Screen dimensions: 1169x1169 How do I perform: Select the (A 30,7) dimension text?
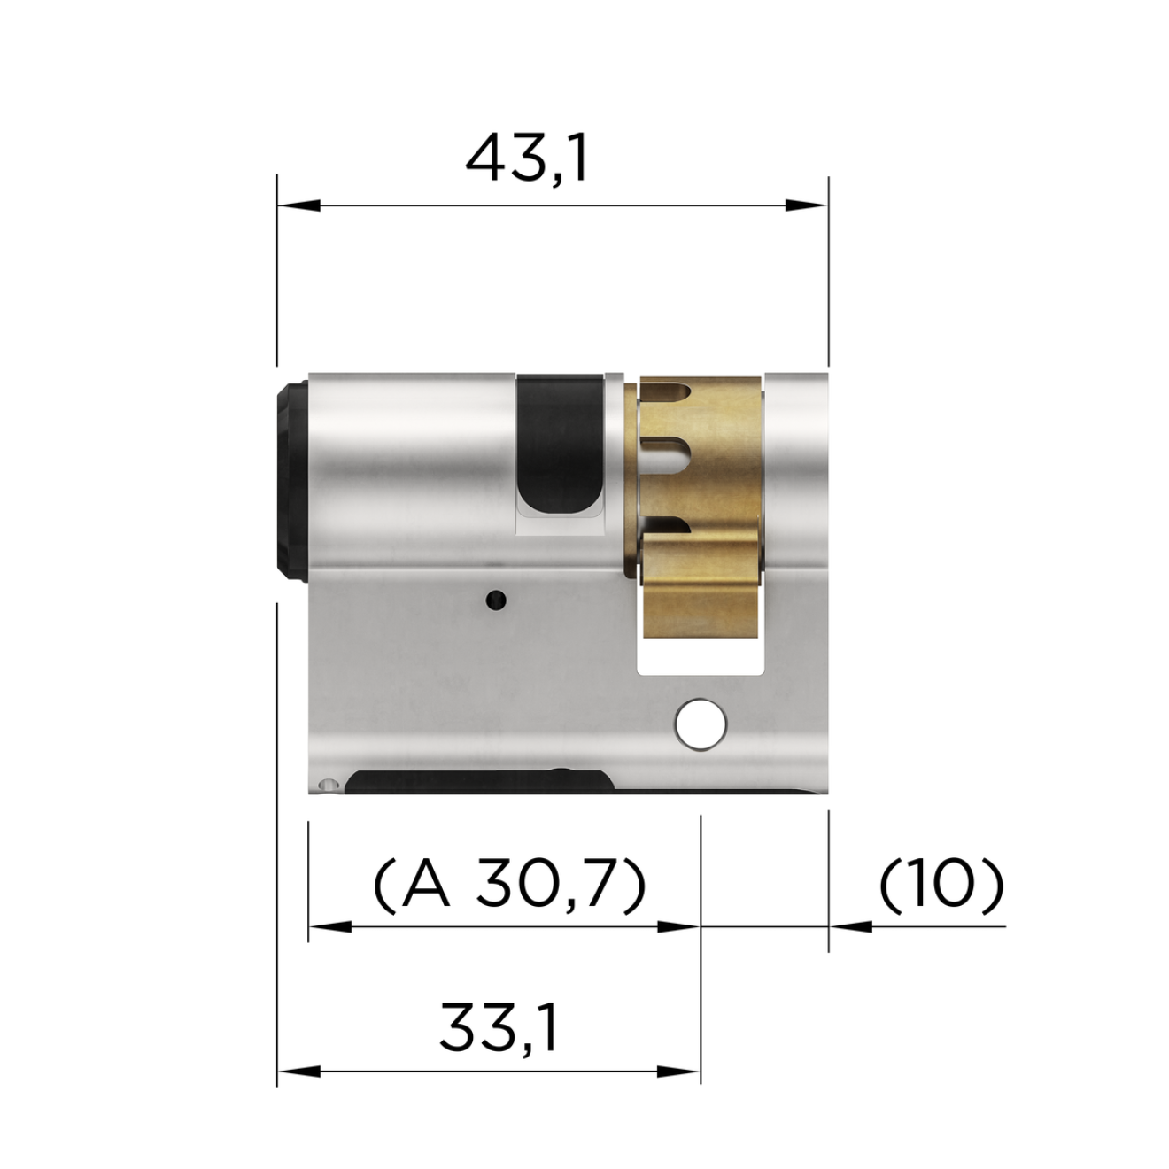tap(508, 885)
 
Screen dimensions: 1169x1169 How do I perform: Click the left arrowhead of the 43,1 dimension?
tap(298, 205)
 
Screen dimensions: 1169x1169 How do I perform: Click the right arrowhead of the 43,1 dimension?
tap(807, 205)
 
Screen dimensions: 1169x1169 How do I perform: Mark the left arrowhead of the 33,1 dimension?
tap(298, 1072)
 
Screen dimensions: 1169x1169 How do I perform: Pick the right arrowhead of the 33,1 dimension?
tap(679, 1072)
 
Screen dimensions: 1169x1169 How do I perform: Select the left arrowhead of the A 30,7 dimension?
tap(329, 927)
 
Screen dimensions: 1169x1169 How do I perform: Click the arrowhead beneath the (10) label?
tap(850, 927)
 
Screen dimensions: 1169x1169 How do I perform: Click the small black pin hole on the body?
tap(497, 600)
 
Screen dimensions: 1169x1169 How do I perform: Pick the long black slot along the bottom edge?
tap(478, 783)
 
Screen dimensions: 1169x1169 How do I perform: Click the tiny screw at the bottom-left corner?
tap(329, 785)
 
